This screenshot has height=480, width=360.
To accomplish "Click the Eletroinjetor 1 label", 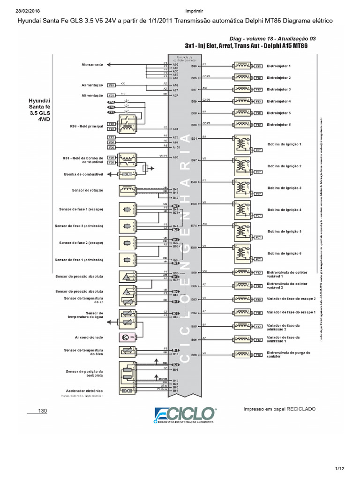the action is (x=278, y=66).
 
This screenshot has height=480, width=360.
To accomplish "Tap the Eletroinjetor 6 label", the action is (x=278, y=125).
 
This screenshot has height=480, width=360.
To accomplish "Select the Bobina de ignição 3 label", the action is (x=284, y=188).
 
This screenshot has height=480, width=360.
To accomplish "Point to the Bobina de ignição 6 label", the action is (x=284, y=253).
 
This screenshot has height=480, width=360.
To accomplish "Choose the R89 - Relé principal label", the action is (x=86, y=126).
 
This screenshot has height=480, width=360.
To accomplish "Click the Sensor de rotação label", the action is (x=88, y=190).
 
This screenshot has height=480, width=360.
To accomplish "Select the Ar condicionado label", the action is (x=89, y=337).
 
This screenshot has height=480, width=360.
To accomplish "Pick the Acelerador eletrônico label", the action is (x=84, y=390).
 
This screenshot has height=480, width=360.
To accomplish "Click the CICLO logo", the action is (x=186, y=415).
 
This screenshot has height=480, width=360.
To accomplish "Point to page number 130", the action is (x=43, y=411).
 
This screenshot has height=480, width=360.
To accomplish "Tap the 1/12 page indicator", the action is (x=339, y=469).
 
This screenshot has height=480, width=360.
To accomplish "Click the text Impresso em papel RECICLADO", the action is (x=279, y=409).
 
